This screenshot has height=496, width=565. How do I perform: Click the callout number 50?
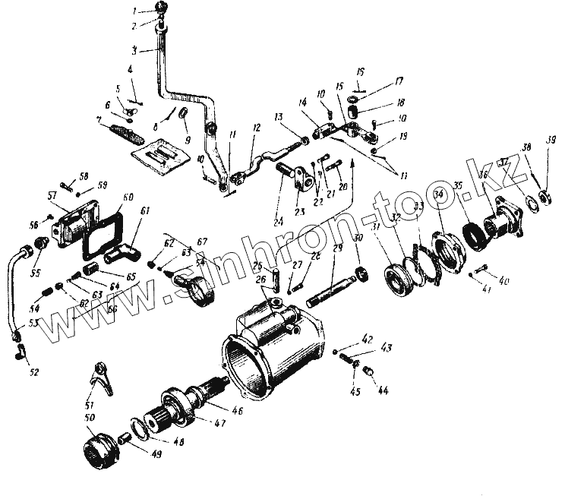click(90, 419)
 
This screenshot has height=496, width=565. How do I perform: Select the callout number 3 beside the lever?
click(134, 51)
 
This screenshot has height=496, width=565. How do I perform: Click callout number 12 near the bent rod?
click(257, 129)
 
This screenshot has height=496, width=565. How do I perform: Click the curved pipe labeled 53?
click(21, 289)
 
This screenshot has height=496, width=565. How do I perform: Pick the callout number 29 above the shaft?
click(338, 248)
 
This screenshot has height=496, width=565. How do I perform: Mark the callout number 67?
click(201, 242)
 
